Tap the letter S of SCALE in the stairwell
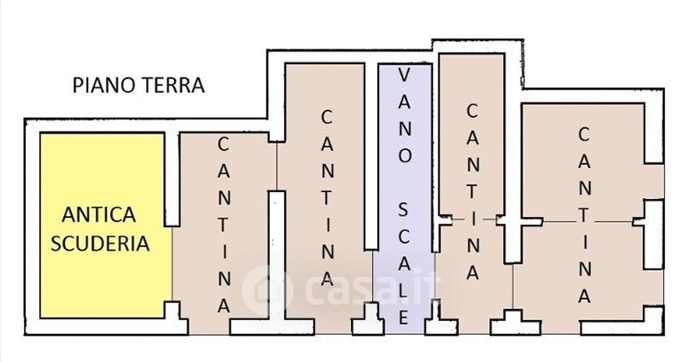(x=405, y=208)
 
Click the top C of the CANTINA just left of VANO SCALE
(x=326, y=115)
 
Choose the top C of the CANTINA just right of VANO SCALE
(x=471, y=110)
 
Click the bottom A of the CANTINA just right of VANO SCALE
(x=471, y=273)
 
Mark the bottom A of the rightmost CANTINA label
(x=585, y=295)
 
